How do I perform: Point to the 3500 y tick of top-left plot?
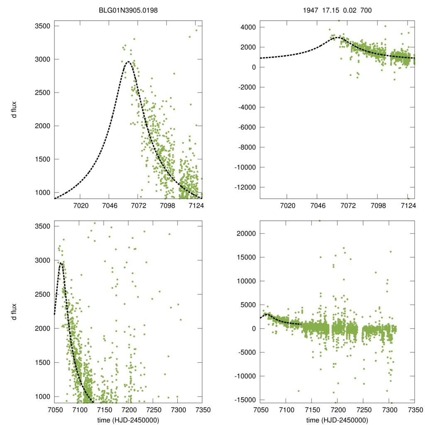click(42, 26)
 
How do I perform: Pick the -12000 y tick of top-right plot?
click(245, 187)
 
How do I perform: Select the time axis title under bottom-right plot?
click(337, 420)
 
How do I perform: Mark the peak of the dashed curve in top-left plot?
click(128, 62)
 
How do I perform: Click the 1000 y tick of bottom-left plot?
click(42, 396)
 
